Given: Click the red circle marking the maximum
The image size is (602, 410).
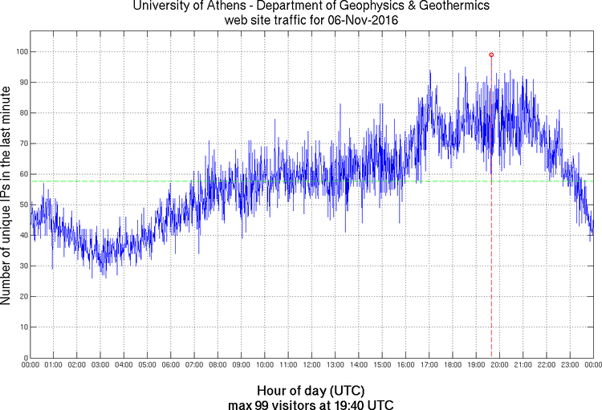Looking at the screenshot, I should click(491, 55).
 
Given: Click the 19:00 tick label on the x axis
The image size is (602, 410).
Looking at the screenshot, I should click(475, 366).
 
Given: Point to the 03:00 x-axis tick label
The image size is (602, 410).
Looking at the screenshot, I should click(100, 366).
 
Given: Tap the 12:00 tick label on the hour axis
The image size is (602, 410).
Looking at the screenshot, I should click(311, 366).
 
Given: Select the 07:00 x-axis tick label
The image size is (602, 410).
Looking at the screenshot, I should click(194, 366).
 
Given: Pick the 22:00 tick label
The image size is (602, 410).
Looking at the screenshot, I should click(546, 366).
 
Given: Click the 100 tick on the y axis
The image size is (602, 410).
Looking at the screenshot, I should click(18, 51).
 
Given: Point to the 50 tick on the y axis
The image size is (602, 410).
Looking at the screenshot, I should click(21, 205).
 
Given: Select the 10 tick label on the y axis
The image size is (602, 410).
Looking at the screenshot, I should click(21, 327).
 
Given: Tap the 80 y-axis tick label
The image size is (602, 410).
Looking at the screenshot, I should click(21, 113).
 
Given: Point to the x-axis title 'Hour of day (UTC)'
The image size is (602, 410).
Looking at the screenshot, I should click(311, 391).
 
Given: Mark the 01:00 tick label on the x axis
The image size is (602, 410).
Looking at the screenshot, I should click(54, 366).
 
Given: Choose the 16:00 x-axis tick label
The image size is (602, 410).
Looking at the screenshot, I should click(405, 366).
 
